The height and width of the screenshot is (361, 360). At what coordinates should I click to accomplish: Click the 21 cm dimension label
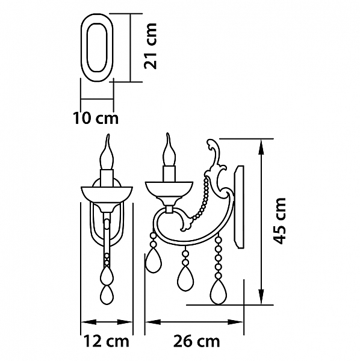click(x=150, y=46)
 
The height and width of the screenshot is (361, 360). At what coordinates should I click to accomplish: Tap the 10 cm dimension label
click(x=96, y=119)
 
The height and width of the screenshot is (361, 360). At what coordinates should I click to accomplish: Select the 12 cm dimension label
click(x=106, y=341)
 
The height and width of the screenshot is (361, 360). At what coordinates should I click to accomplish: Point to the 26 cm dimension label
click(x=196, y=341)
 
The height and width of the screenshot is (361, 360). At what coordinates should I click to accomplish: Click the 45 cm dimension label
click(x=279, y=221)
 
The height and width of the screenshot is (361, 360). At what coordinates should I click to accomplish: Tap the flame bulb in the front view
click(x=107, y=152)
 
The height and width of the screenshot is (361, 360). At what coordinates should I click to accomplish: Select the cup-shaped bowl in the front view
click(x=107, y=194)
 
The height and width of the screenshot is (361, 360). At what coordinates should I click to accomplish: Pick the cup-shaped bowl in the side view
click(x=169, y=190)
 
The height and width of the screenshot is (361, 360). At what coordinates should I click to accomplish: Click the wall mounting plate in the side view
click(x=239, y=207)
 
